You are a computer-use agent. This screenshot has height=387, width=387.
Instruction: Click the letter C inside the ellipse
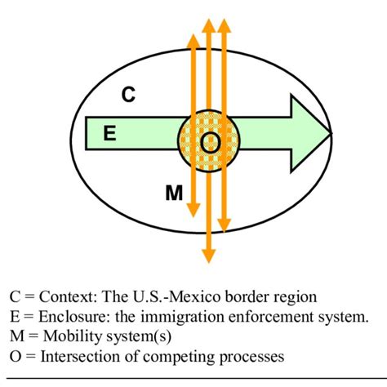[129, 95]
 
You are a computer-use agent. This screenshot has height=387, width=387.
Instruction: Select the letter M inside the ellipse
[173, 193]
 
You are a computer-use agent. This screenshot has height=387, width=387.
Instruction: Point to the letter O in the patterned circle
[209, 142]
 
